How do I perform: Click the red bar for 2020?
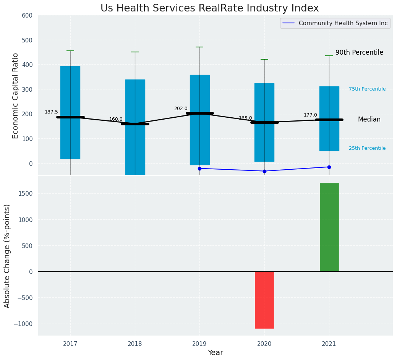point(264,300)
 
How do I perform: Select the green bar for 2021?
point(329,227)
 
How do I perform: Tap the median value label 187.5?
point(51,112)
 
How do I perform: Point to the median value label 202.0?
point(181,109)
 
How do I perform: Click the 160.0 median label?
point(116,119)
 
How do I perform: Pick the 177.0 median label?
point(310,115)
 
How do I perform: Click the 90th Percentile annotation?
point(359,53)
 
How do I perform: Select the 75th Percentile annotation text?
point(367,89)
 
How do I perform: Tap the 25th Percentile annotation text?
point(367,148)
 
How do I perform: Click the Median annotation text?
point(369,120)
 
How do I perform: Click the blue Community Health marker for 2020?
point(264,171)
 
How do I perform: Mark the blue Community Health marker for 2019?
point(199,169)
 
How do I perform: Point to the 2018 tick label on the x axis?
point(135,344)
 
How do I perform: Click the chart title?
point(209,8)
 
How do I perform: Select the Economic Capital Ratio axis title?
point(16,96)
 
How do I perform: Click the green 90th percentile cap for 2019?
point(199,47)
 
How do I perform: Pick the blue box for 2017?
point(70,112)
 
